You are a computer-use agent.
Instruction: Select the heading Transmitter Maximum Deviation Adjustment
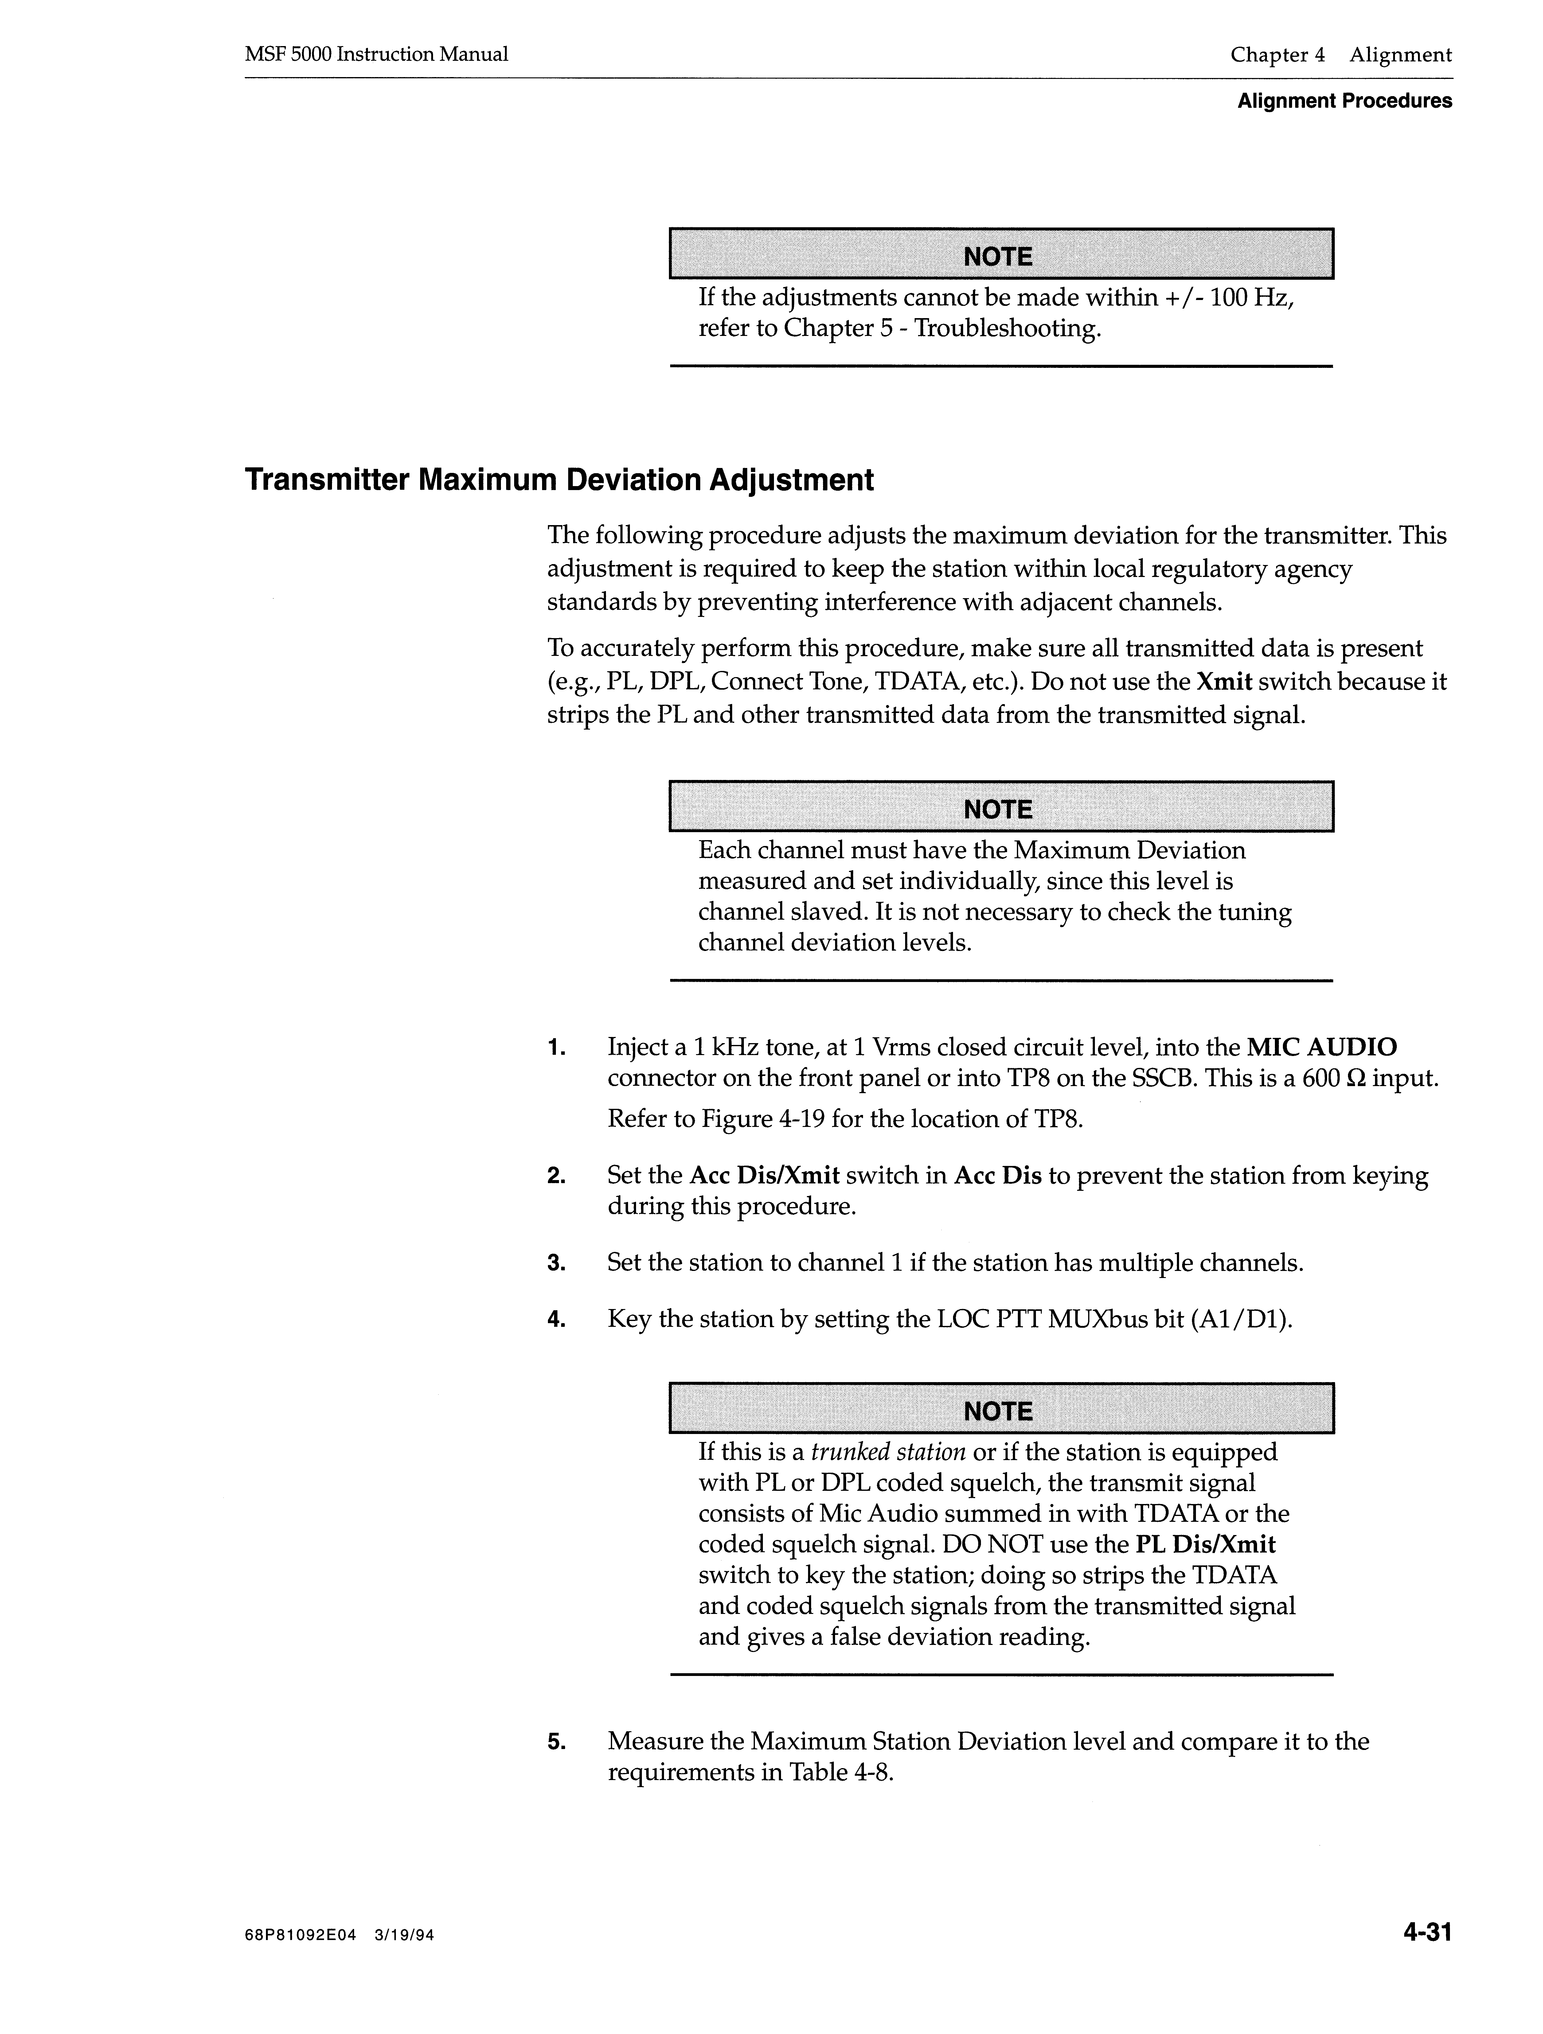pyautogui.click(x=559, y=480)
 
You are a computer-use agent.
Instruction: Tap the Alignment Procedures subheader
pyautogui.click(x=1344, y=101)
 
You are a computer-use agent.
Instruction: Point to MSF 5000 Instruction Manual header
pyautogui.click(x=376, y=54)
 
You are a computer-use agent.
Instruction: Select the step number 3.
pyautogui.click(x=555, y=1264)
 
